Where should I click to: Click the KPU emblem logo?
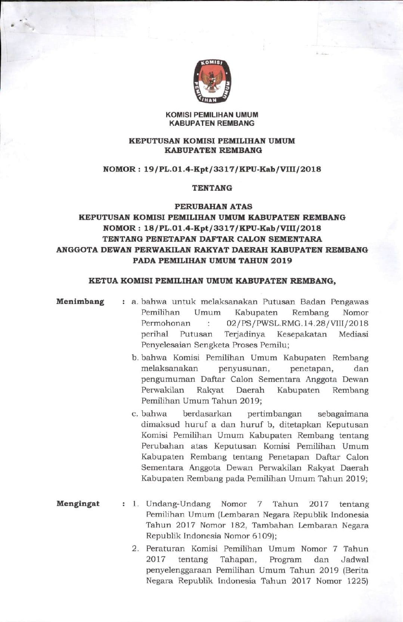212,81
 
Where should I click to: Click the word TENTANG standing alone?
212,188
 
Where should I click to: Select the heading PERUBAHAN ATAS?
213,206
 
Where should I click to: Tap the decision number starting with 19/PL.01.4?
232,169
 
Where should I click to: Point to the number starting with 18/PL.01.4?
232,228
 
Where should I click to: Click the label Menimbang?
80,302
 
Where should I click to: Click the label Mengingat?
78,504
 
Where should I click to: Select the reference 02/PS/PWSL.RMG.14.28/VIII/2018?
297,323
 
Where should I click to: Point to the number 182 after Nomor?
238,525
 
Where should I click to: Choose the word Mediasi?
353,334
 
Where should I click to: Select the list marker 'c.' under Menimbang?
135,414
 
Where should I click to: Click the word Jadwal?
354,560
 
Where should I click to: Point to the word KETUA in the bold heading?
103,281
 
